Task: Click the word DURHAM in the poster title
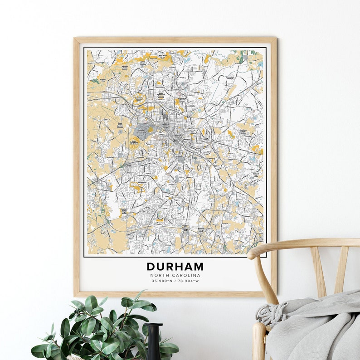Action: pyautogui.click(x=175, y=267)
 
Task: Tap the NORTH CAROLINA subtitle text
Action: pyautogui.click(x=175, y=275)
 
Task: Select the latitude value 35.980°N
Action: pyautogui.click(x=162, y=281)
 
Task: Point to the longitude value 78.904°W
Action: pyautogui.click(x=188, y=281)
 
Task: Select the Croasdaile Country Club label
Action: pyautogui.click(x=138, y=99)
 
